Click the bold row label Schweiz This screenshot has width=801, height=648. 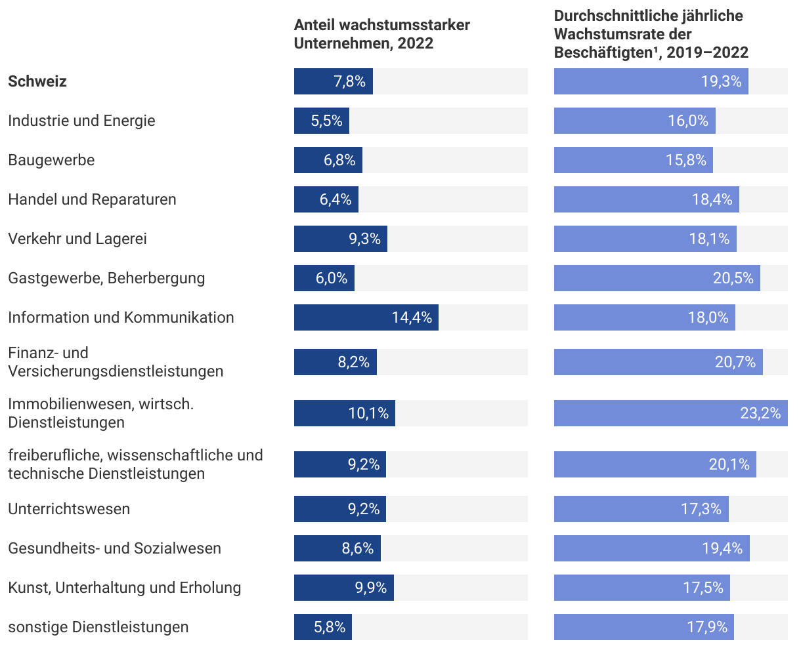pyautogui.click(x=37, y=81)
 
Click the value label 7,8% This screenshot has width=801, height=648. pyautogui.click(x=349, y=81)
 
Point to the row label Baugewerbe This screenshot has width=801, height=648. pyautogui.click(x=51, y=160)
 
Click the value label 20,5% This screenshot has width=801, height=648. pyautogui.click(x=733, y=278)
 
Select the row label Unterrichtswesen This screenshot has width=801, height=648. pyautogui.click(x=69, y=509)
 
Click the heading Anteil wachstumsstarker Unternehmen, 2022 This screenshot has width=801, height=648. pyautogui.click(x=382, y=34)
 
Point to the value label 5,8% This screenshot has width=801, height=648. pyautogui.click(x=330, y=627)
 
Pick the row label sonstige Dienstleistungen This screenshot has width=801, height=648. pyautogui.click(x=98, y=627)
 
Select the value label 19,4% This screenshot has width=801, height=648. pyautogui.click(x=722, y=548)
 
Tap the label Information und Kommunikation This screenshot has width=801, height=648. pyautogui.click(x=121, y=317)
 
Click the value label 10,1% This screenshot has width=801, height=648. pyautogui.click(x=368, y=413)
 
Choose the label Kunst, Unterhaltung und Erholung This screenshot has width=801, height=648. pyautogui.click(x=125, y=588)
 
